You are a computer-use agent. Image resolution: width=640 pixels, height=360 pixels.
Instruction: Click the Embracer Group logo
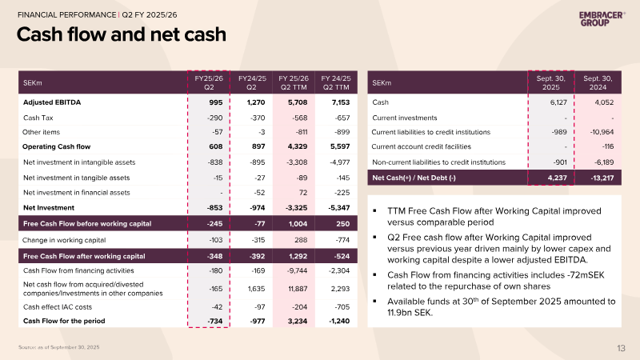602,18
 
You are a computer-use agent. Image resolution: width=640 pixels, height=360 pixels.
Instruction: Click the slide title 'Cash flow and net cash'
122,34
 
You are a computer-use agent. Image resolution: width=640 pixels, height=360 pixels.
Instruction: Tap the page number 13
621,348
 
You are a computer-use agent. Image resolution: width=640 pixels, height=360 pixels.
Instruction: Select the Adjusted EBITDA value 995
215,102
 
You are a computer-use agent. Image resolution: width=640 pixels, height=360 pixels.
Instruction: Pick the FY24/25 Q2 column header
252,82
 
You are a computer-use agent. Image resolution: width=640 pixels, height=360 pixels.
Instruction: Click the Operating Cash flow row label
56,146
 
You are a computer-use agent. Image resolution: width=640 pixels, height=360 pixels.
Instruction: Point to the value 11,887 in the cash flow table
298,289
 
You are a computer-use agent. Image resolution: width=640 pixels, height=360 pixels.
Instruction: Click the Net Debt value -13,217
602,178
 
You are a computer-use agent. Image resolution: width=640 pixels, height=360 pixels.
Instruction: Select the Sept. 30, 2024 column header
598,82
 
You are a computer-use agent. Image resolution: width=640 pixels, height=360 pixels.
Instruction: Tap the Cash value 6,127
558,102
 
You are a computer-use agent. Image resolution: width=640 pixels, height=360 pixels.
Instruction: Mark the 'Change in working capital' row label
64,240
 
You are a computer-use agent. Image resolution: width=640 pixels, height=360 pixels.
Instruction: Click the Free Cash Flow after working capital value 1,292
298,256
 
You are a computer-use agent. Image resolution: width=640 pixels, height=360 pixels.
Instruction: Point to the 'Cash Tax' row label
38,118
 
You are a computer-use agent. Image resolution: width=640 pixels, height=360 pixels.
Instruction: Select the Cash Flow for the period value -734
214,322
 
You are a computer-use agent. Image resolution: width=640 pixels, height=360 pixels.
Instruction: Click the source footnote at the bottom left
58,347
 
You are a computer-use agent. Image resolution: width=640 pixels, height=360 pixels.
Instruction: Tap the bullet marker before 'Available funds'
374,302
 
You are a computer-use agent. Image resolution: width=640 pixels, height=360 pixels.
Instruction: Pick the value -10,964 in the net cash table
602,132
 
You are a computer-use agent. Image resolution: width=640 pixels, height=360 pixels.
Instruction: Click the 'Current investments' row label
405,118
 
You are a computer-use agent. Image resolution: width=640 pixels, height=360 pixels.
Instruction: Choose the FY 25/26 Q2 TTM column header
294,82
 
